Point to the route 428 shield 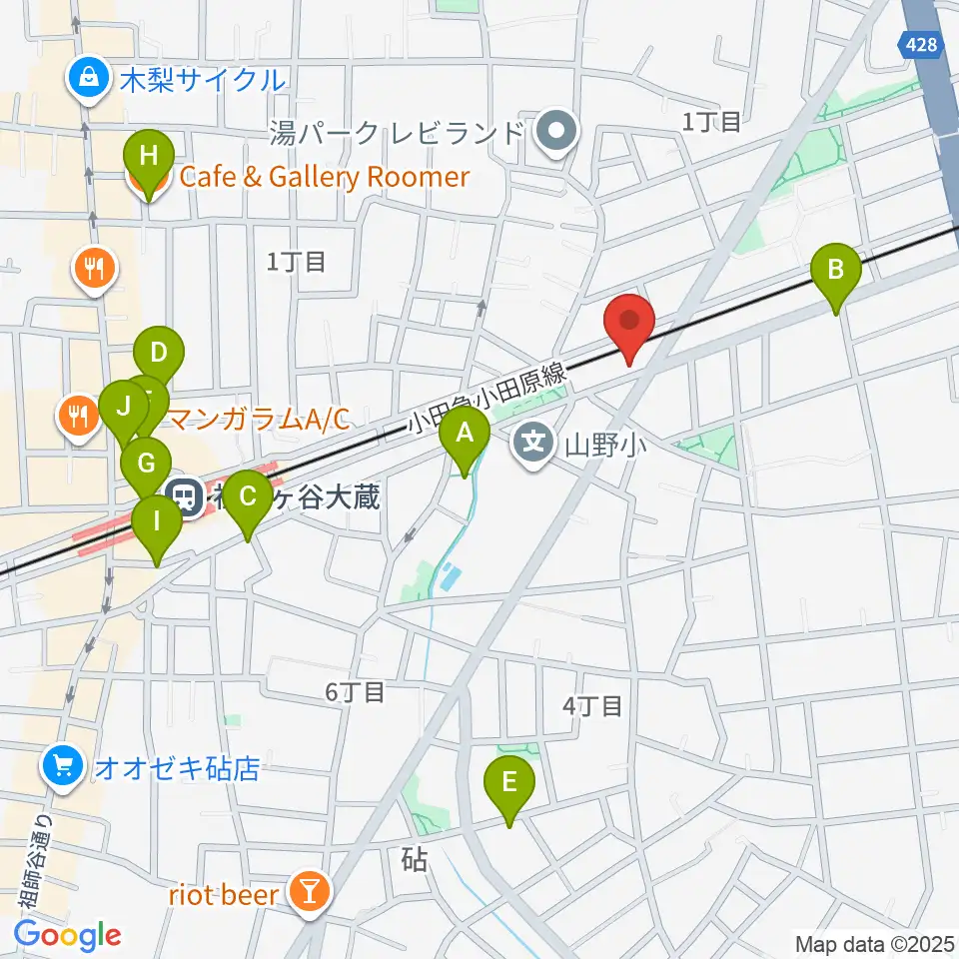pos(915,43)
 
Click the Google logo pos(67,935)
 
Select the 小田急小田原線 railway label pos(488,398)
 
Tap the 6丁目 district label pos(355,691)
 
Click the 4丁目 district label pos(592,705)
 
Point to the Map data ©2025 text pos(873,943)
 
